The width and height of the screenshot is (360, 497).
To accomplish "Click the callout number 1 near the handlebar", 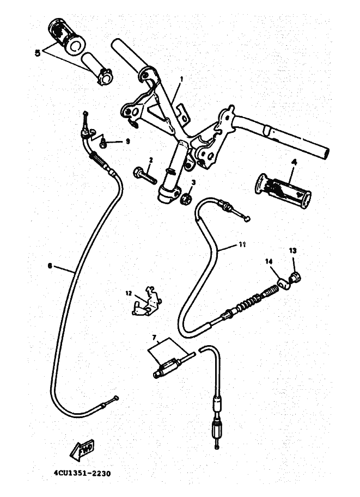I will pyautogui.click(x=181, y=78).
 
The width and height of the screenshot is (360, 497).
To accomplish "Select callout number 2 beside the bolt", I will pyautogui.click(x=151, y=159).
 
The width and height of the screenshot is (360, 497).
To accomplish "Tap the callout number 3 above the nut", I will pyautogui.click(x=192, y=182).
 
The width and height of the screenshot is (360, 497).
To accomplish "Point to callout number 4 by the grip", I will pyautogui.click(x=292, y=162).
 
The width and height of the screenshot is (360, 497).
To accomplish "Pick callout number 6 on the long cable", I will pyautogui.click(x=50, y=266).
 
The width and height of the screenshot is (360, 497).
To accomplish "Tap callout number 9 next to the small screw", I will pyautogui.click(x=127, y=141).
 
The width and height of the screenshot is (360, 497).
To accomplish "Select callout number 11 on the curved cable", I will pyautogui.click(x=242, y=245).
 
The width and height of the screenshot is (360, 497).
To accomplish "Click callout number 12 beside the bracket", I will pyautogui.click(x=129, y=293).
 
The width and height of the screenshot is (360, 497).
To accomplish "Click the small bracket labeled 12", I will pyautogui.click(x=147, y=303).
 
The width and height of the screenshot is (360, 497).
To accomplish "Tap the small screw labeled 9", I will pyautogui.click(x=103, y=143).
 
